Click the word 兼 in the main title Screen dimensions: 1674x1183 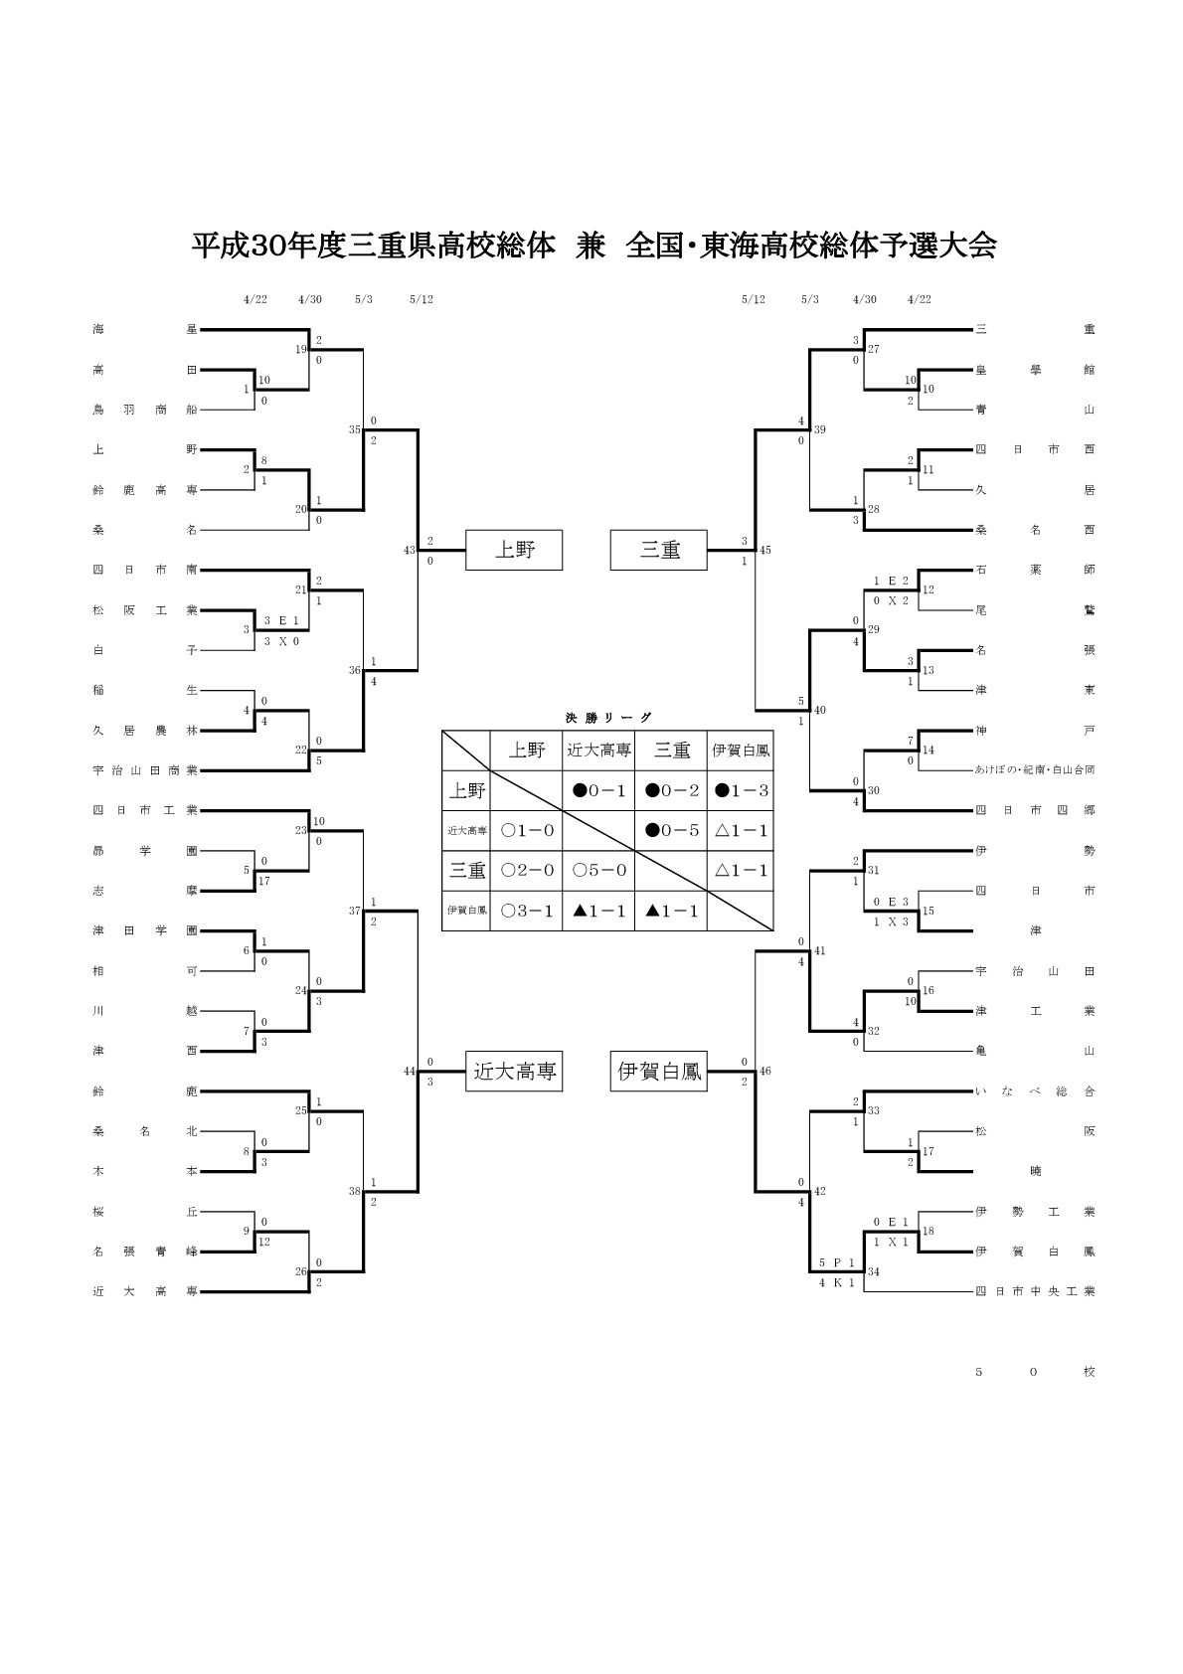point(591,247)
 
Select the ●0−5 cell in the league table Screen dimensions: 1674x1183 point(672,830)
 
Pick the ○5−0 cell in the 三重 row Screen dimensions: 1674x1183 point(599,870)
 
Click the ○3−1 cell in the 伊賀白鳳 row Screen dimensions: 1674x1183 point(527,911)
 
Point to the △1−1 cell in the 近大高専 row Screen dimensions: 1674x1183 point(741,830)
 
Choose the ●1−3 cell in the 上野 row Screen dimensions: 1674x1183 point(741,790)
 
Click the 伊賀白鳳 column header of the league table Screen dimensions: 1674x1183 point(741,751)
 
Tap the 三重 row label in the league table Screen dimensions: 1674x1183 point(466,870)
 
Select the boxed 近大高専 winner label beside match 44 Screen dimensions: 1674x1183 point(514,1072)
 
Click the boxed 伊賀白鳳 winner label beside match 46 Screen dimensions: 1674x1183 point(659,1072)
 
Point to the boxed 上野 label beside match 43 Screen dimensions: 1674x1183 point(514,550)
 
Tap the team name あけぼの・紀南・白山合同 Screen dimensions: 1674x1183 point(1035,769)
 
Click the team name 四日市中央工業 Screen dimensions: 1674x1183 point(1035,1291)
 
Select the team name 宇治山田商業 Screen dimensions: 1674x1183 point(145,769)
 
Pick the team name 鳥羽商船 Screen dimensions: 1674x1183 point(145,409)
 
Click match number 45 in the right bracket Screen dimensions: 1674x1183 point(764,550)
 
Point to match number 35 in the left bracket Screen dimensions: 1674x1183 point(354,429)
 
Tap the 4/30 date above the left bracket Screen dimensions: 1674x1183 point(309,299)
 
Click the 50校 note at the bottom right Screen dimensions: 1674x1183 point(1035,1372)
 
